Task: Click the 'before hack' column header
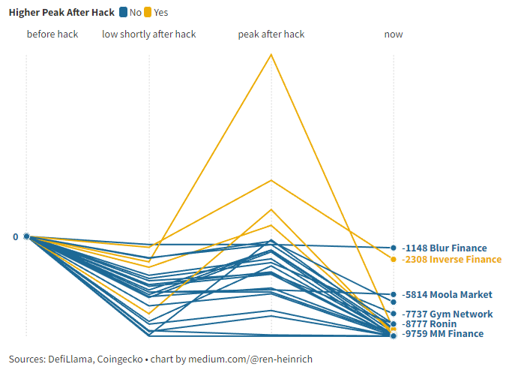pos(52,35)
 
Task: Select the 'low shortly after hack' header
pos(149,35)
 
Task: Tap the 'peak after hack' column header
pos(271,35)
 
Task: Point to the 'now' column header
pos(393,35)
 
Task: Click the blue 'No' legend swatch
pos(123,12)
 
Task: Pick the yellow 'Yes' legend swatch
pos(148,12)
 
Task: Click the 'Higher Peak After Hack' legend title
pos(61,12)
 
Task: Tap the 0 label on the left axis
pos(15,236)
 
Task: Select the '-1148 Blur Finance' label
pos(445,248)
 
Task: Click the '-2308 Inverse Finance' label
pos(452,259)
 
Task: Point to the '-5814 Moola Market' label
pos(448,295)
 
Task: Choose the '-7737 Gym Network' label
pos(448,314)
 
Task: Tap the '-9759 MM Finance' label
pos(443,334)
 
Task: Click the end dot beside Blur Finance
pos(393,248)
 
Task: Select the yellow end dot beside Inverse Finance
pos(393,259)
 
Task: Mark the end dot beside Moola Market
pos(393,295)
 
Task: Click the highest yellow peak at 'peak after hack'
pos(271,54)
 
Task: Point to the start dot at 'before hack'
pos(26,236)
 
